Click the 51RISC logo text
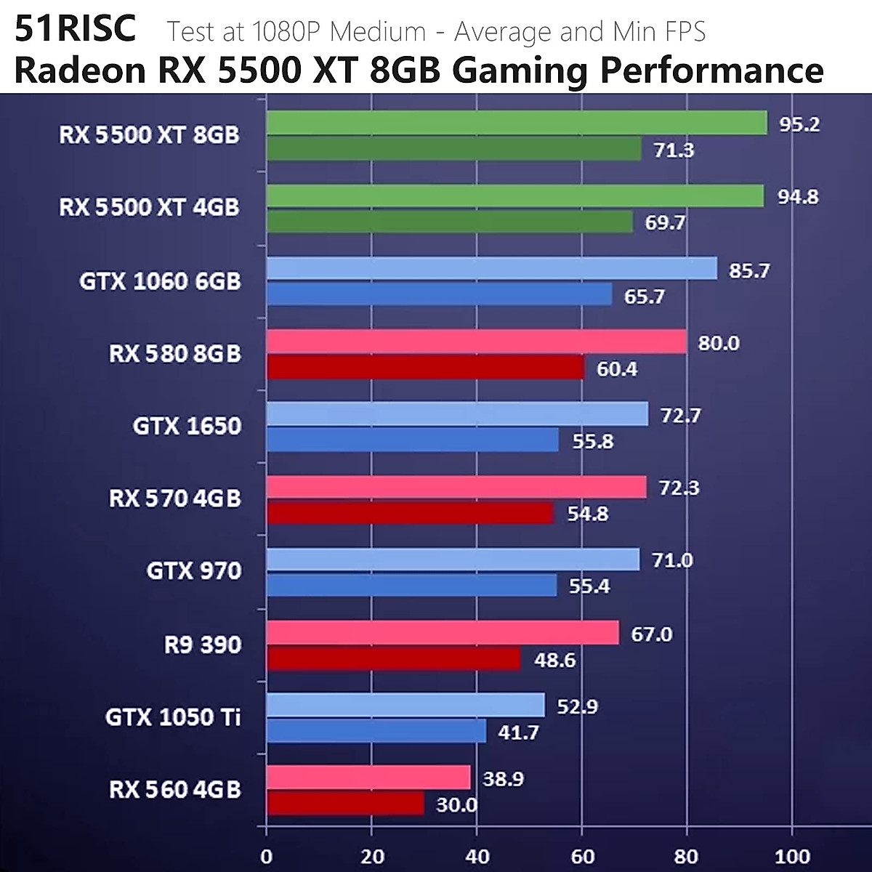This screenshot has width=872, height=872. click(75, 28)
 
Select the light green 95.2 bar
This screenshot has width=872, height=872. click(517, 123)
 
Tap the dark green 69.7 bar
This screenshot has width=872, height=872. click(450, 222)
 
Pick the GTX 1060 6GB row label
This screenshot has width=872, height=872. click(160, 280)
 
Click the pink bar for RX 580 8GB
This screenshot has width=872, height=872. click(477, 342)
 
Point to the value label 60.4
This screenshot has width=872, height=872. click(617, 369)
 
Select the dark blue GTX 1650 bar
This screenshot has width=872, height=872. click(412, 440)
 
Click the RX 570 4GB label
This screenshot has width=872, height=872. click(174, 498)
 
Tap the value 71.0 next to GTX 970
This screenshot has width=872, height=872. click(672, 560)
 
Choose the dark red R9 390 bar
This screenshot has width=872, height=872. click(394, 659)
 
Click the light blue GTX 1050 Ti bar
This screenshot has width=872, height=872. click(405, 705)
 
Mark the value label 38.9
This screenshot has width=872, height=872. click(504, 779)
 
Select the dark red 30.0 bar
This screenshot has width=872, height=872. click(345, 804)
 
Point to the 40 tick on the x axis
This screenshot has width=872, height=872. click(477, 857)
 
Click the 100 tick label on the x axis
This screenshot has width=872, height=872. click(792, 857)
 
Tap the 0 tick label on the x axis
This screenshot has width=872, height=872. click(267, 857)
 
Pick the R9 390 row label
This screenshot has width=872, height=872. click(202, 645)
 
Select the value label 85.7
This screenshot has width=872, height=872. click(749, 271)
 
